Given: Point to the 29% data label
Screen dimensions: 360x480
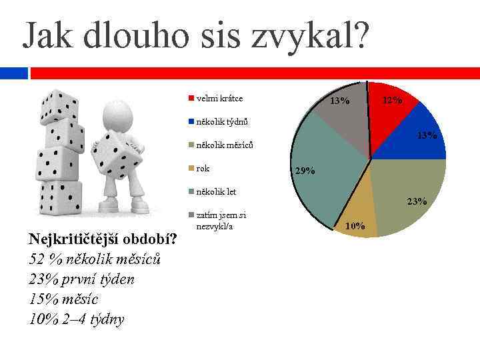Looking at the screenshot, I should (305, 171).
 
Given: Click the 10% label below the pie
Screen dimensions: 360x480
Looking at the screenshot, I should (355, 227).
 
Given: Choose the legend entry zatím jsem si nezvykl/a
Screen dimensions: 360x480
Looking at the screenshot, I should (221, 221).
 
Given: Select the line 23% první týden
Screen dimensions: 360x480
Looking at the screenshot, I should (81, 279).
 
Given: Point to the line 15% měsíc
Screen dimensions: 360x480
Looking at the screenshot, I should (64, 299).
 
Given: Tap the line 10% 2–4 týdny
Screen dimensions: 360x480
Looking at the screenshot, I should (77, 319).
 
